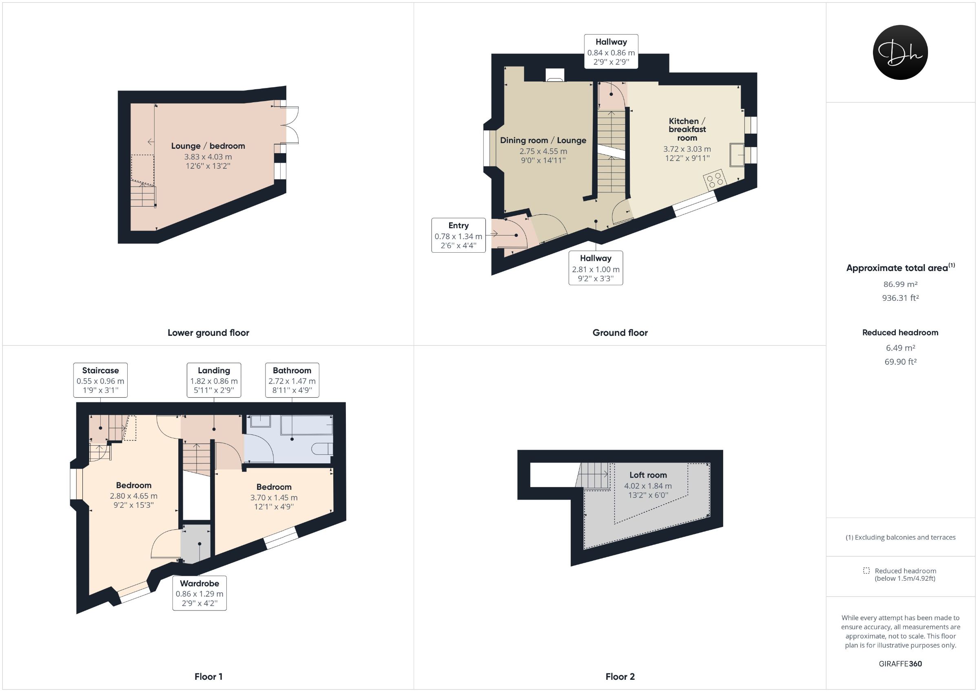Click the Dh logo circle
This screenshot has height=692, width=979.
900,53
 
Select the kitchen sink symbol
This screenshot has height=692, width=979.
737,155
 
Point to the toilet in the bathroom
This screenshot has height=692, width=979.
322,448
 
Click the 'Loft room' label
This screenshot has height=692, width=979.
648,475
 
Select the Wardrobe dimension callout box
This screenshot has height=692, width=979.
199,593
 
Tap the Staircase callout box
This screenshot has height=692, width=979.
100,380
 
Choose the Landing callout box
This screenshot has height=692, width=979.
214,380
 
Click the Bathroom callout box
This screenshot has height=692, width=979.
292,380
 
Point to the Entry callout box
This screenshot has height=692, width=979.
458,235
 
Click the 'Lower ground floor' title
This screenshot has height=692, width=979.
208,333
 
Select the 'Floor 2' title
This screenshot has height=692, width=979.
620,676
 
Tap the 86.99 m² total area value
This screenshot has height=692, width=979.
900,284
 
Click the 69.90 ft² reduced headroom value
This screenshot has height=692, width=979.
900,362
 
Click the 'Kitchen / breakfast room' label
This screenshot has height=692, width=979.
687,130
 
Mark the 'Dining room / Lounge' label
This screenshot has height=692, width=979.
543,140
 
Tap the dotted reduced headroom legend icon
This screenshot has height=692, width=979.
866,571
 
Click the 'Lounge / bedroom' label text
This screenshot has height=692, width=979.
208,146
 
